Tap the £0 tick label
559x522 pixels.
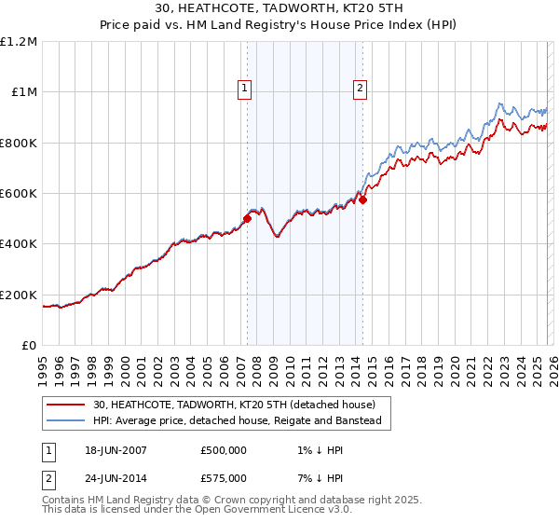pos(30,346)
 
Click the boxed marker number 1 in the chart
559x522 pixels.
pos(244,89)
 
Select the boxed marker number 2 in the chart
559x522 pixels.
pos(360,89)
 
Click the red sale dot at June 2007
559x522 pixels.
pos(248,219)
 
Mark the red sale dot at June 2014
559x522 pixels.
pos(363,199)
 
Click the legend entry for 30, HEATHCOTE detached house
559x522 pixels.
pos(234,405)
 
